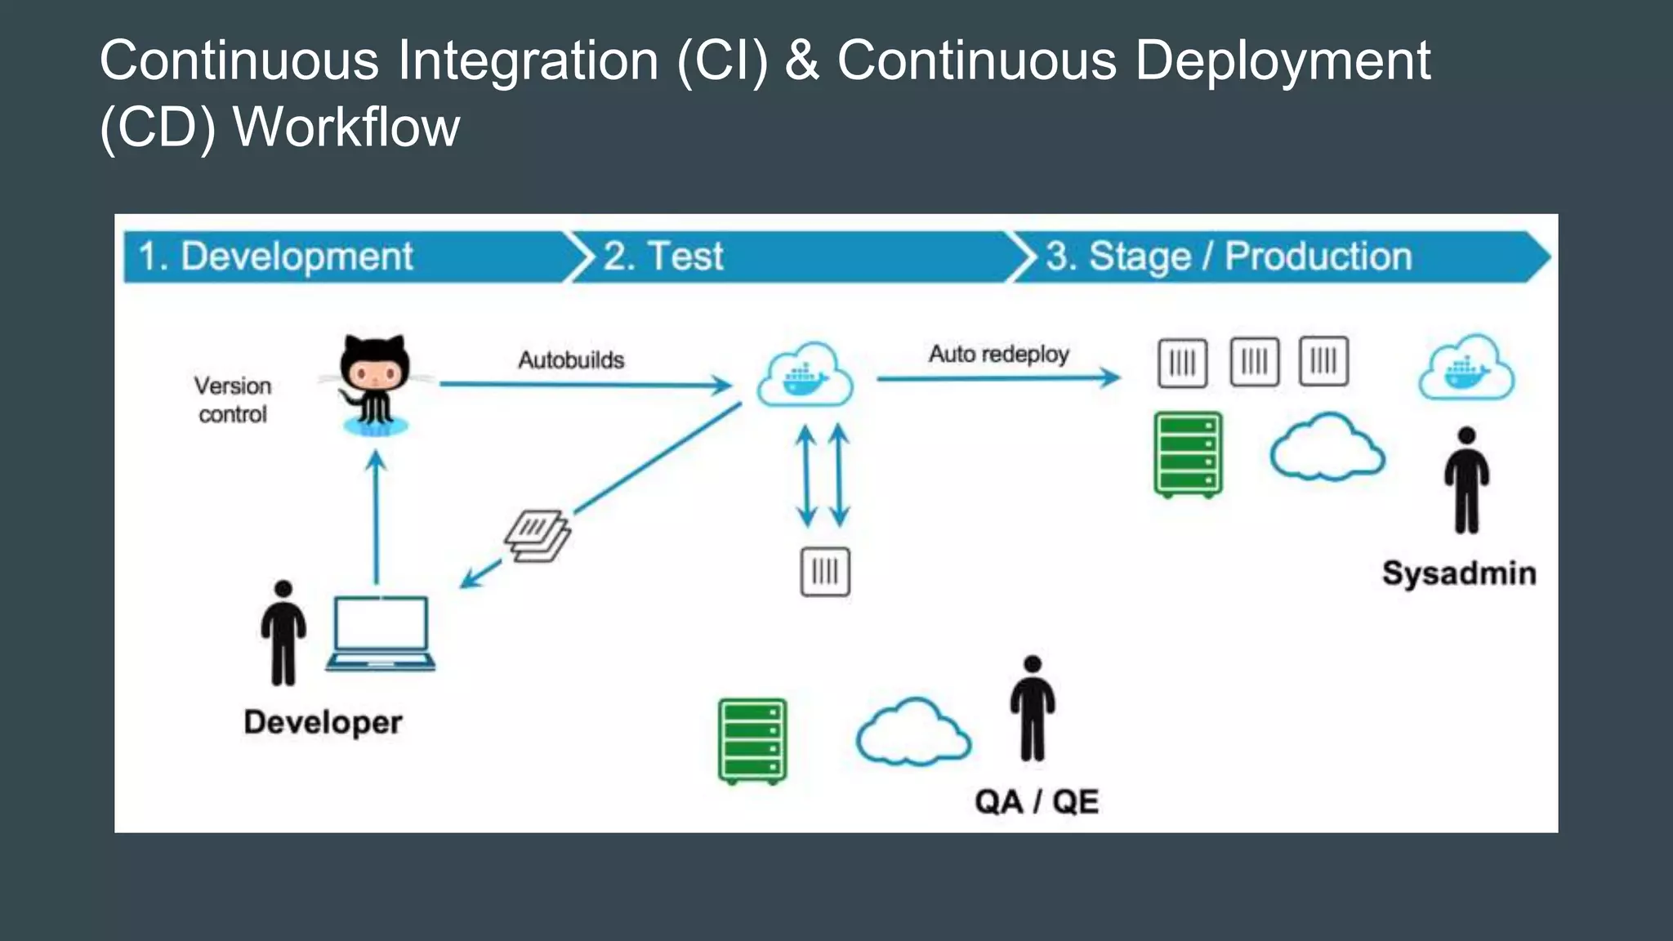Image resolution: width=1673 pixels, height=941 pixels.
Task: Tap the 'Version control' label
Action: point(233,399)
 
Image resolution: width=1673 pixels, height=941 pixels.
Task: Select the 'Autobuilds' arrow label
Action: point(571,359)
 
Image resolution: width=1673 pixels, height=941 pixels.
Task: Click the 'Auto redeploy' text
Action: point(998,354)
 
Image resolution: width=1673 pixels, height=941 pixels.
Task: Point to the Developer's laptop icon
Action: point(380,634)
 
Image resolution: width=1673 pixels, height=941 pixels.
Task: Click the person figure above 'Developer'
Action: point(283,633)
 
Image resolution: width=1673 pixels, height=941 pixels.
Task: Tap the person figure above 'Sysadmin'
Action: point(1466,480)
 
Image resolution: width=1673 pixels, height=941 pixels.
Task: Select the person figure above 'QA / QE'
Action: point(1033,708)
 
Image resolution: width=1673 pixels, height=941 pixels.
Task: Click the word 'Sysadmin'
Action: point(1459,573)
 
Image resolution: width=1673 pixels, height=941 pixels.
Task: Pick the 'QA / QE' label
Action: point(1036,801)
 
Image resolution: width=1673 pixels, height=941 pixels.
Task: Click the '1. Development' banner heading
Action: point(276,256)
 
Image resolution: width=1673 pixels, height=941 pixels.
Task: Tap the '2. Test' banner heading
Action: point(663,256)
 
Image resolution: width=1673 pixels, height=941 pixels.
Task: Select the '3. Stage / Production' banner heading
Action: point(1229,256)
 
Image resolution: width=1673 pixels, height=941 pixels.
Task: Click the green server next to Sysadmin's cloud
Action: point(1188,454)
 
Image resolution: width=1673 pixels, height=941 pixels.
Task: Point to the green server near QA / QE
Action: point(752,741)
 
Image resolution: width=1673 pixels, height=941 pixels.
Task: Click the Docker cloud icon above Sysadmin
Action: point(1466,368)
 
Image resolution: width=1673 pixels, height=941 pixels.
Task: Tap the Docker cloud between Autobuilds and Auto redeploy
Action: point(805,375)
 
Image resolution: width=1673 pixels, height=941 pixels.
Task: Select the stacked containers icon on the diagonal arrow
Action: point(537,536)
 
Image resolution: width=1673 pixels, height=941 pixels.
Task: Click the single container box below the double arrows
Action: point(825,572)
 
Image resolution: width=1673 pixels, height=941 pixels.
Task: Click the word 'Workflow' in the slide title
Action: point(346,127)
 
